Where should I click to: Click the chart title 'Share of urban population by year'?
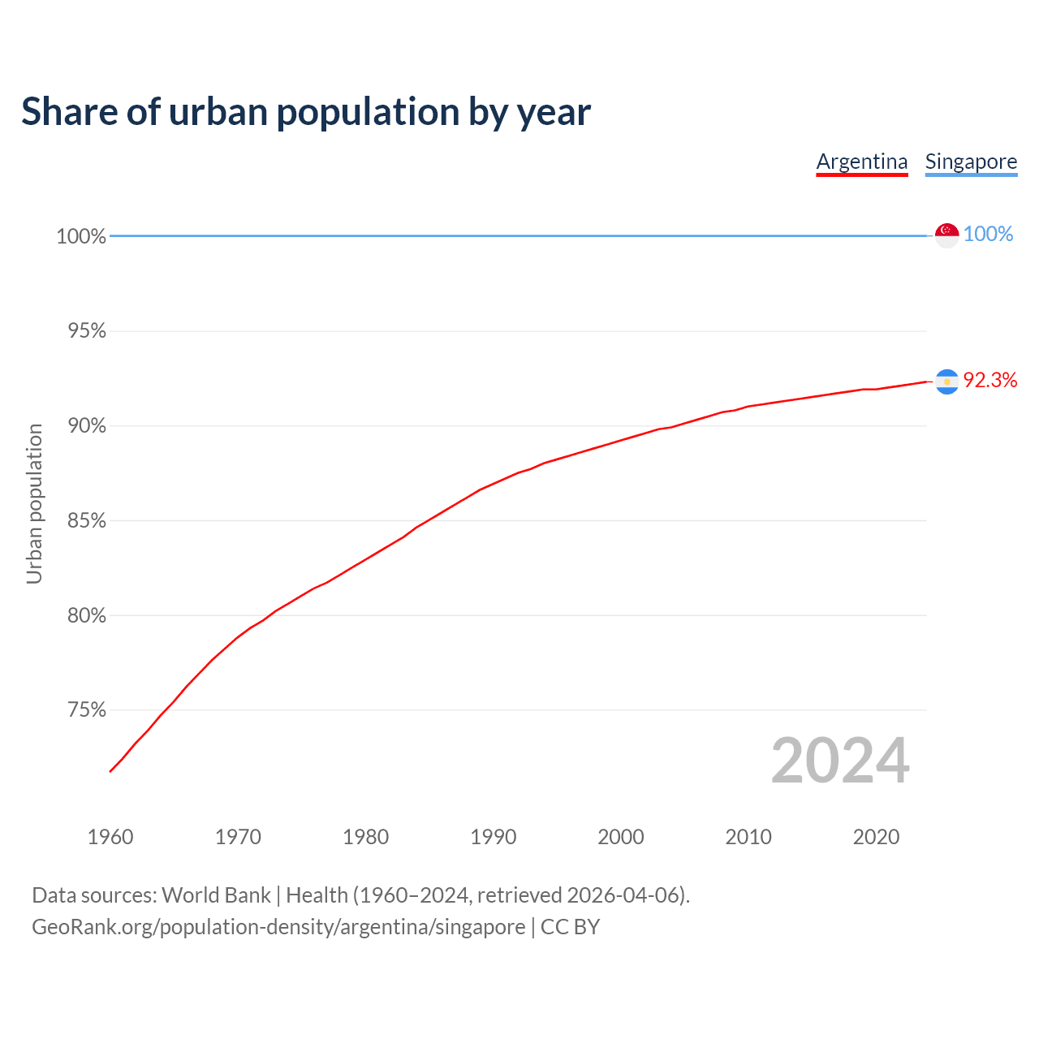click(x=306, y=112)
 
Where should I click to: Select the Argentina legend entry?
click(x=862, y=162)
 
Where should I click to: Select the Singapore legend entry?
click(x=971, y=162)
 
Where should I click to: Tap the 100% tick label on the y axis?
click(x=81, y=237)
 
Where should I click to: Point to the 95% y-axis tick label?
click(x=87, y=331)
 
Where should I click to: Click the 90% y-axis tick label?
click(x=87, y=426)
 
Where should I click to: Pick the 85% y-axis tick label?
click(x=87, y=521)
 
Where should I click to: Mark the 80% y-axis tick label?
click(x=87, y=616)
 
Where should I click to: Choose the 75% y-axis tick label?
click(x=87, y=711)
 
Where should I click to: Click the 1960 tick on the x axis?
click(x=110, y=837)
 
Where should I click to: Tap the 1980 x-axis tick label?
click(x=366, y=837)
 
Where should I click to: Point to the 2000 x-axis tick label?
click(x=621, y=837)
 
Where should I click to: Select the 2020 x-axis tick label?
click(x=876, y=837)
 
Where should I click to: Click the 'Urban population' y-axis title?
click(x=34, y=503)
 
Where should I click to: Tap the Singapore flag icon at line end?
click(x=947, y=235)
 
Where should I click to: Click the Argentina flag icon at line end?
click(x=947, y=382)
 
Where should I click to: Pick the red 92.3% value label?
click(x=990, y=381)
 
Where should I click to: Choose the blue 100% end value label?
click(x=988, y=235)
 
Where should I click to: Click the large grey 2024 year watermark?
click(x=840, y=761)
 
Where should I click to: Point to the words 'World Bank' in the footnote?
click(x=216, y=895)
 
